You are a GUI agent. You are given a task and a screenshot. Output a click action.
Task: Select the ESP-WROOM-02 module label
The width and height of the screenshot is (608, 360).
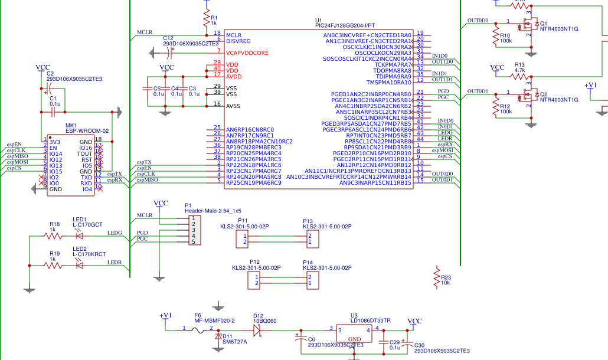pyautogui.click(x=87, y=131)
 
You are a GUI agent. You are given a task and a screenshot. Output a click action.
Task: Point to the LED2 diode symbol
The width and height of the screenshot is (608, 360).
pyautogui.click(x=79, y=266)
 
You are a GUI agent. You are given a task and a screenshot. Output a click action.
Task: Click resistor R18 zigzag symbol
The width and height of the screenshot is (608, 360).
pyautogui.click(x=53, y=235)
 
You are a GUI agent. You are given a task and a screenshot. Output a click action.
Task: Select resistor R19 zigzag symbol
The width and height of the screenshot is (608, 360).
pyautogui.click(x=53, y=266)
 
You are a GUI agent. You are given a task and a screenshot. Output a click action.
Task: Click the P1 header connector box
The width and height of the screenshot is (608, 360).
pyautogui.click(x=192, y=230)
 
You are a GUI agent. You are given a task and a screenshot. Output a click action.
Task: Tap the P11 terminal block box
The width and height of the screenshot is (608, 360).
pyautogui.click(x=242, y=238)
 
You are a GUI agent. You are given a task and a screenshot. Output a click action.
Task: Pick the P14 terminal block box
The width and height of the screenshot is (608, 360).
pyautogui.click(x=312, y=280)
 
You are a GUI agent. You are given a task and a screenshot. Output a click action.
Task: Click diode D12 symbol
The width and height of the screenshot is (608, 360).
pyautogui.click(x=257, y=329)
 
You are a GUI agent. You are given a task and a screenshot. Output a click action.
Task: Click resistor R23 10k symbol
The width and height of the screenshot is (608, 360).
pyautogui.click(x=437, y=277)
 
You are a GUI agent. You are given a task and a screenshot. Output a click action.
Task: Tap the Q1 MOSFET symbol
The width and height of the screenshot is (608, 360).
pyautogui.click(x=527, y=27)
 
